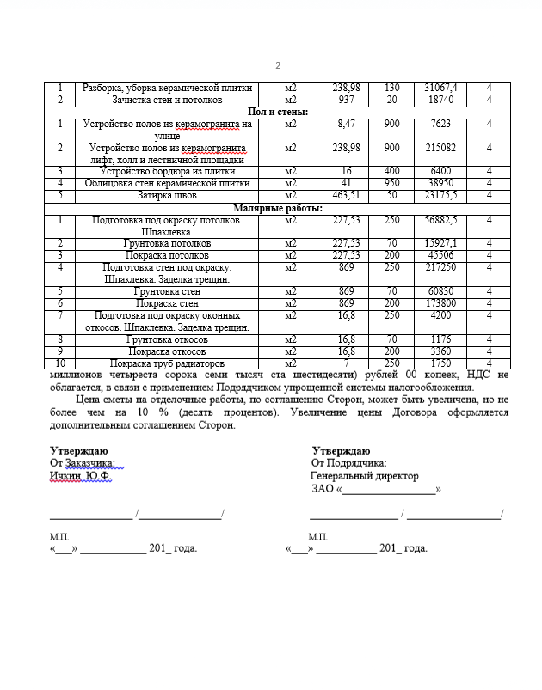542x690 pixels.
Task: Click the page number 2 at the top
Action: pyautogui.click(x=278, y=66)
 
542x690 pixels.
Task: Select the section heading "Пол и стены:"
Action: pyautogui.click(x=278, y=112)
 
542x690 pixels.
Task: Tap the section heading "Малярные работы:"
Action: pyautogui.click(x=278, y=208)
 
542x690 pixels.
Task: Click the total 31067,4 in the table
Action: pyautogui.click(x=440, y=88)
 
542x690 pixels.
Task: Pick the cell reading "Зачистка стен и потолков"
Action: pyautogui.click(x=167, y=100)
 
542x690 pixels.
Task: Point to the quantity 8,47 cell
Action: pyautogui.click(x=346, y=124)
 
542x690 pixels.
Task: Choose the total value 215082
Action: pyautogui.click(x=440, y=148)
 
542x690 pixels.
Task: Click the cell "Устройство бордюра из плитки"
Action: pyautogui.click(x=167, y=171)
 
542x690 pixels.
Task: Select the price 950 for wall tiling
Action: pyautogui.click(x=391, y=183)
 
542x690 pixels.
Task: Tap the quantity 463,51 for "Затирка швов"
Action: pyautogui.click(x=346, y=195)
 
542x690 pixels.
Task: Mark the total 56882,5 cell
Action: pyautogui.click(x=440, y=219)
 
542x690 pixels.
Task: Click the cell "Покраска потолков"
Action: pyautogui.click(x=167, y=255)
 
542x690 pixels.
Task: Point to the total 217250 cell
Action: pyautogui.click(x=440, y=267)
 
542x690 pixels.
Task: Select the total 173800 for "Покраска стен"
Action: pyautogui.click(x=440, y=303)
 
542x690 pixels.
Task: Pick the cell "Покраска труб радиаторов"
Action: pyautogui.click(x=167, y=363)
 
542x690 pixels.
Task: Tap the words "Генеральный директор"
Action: pyautogui.click(x=365, y=476)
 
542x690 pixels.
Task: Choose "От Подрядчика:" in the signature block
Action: pyautogui.click(x=349, y=463)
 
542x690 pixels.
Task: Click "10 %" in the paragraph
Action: pyautogui.click(x=155, y=412)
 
